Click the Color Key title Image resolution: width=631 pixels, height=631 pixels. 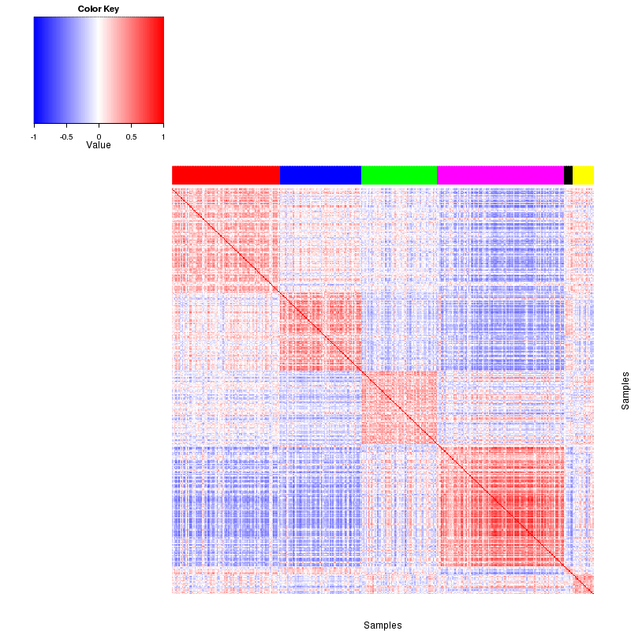(99, 9)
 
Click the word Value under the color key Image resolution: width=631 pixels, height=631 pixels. (99, 145)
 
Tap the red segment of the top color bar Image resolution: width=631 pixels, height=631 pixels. (226, 175)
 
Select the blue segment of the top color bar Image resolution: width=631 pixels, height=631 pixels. (320, 175)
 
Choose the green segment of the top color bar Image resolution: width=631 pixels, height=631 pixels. (398, 175)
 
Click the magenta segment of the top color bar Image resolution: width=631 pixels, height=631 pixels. (500, 175)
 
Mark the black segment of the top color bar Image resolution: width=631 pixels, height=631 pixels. (568, 175)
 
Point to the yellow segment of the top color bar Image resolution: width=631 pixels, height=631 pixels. (583, 175)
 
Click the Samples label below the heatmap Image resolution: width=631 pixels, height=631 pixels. (383, 625)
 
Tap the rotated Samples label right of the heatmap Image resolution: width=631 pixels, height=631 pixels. (625, 390)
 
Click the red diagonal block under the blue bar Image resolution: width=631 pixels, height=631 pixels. (320, 331)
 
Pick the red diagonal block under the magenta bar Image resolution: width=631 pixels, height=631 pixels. (500, 506)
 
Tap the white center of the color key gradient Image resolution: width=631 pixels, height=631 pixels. (99, 70)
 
